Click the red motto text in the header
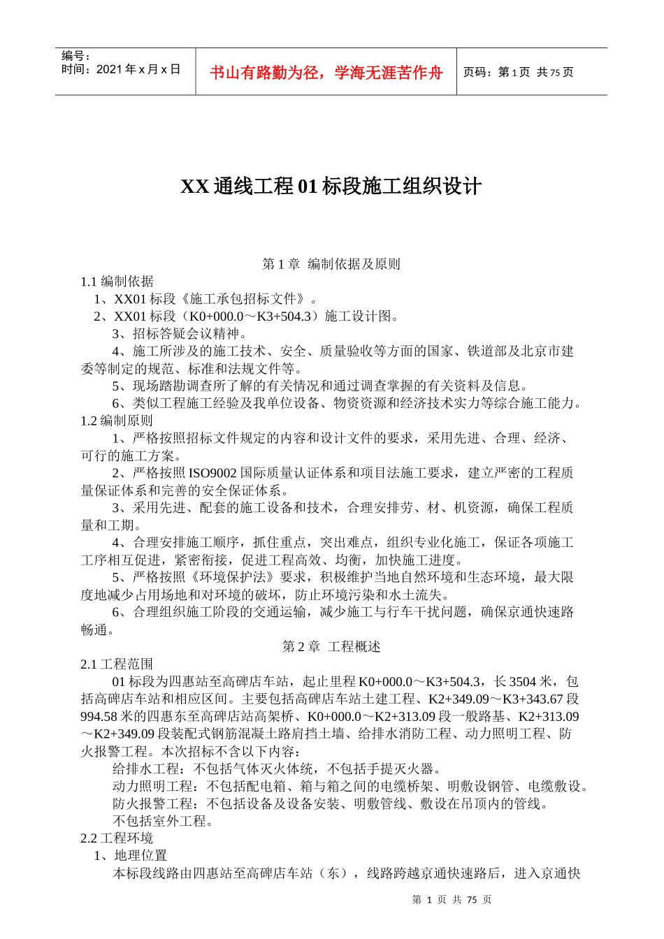pos(326,73)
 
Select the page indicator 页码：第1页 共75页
pos(518,72)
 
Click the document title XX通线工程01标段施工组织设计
pos(331,187)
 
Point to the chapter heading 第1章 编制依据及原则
pos(331,264)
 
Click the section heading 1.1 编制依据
pos(117,282)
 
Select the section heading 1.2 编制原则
pos(117,421)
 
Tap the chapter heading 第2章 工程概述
pos(331,647)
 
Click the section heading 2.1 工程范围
pos(117,664)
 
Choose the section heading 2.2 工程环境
pos(117,838)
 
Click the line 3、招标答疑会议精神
pos(179,334)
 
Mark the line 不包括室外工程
pos(163,821)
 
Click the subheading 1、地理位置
pos(131,856)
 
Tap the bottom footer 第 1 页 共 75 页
pos(452,900)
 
